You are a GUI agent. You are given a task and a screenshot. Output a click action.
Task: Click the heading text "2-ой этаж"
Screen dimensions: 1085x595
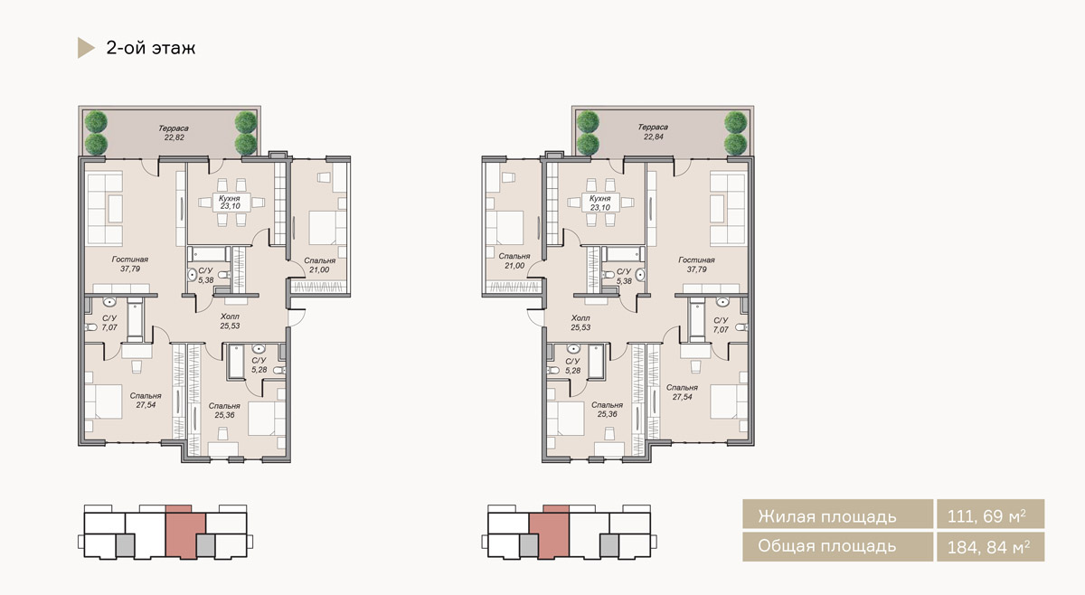point(151,48)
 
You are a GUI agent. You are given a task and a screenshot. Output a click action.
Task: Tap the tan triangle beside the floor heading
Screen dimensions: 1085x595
point(85,48)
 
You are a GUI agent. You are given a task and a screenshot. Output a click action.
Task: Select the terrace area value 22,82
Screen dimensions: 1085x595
point(174,137)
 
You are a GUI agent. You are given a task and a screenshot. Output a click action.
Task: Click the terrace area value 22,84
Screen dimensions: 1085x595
point(653,137)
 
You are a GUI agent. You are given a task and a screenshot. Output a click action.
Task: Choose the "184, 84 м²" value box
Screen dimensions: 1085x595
point(991,547)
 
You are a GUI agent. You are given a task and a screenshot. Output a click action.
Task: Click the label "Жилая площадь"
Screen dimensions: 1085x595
point(826,517)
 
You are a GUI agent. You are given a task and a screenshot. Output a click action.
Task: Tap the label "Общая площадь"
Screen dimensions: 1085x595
point(826,546)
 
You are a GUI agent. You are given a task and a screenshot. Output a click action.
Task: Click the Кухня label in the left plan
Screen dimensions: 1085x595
point(229,199)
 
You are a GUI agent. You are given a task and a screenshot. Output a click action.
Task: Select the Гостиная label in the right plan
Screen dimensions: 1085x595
point(696,260)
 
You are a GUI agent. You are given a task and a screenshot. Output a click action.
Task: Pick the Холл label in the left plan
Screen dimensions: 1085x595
point(230,316)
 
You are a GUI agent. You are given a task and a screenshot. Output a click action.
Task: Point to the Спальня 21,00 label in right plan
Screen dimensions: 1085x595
point(514,260)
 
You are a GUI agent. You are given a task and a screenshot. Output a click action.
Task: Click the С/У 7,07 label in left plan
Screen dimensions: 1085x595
point(109,323)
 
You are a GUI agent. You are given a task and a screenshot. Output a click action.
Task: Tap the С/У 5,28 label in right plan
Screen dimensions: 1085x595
point(572,366)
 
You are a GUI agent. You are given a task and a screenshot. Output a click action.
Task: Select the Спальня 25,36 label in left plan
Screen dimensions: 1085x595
point(224,411)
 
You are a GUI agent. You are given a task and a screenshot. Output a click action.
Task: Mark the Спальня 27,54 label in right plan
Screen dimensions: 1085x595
point(682,392)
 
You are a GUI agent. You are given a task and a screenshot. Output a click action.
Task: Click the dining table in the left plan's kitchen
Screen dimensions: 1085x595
point(231,203)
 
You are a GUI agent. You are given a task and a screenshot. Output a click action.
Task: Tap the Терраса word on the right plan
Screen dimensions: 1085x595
point(653,127)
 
